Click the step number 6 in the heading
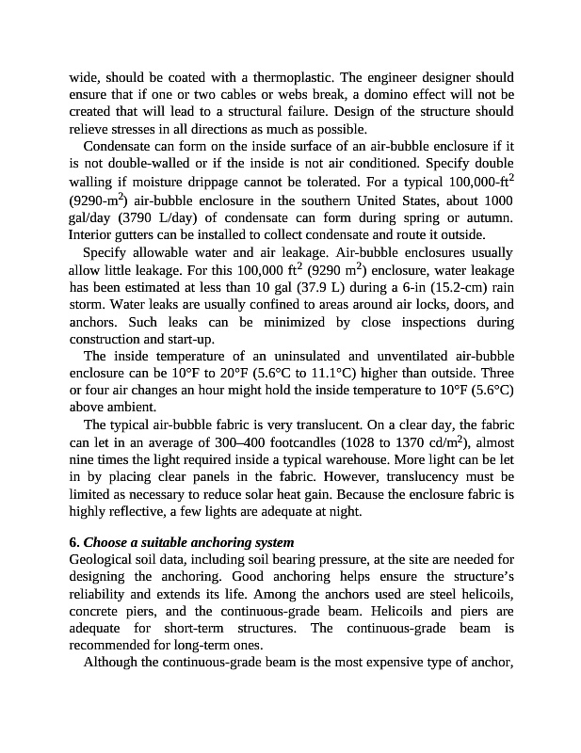click(x=73, y=542)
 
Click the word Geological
click(x=102, y=560)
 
